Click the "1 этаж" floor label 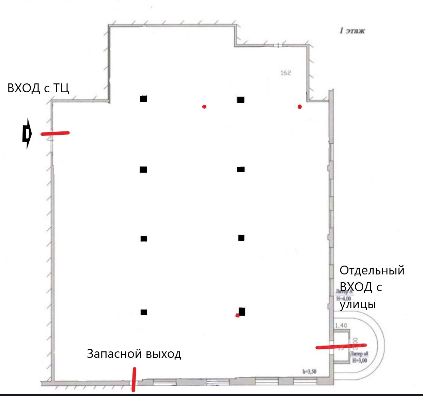coord(352,31)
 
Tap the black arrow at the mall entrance coord(27,133)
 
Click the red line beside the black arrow coord(55,133)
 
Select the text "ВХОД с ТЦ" coord(38,88)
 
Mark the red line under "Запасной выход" coord(134,379)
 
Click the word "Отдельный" coord(372,270)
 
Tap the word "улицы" coord(358,304)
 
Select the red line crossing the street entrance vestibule coord(341,346)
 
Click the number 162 coord(285,73)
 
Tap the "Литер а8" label coord(359,354)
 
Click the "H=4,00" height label coord(343,299)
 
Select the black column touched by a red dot coord(242,311)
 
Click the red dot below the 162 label coord(299,107)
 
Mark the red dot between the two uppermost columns coord(204,107)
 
